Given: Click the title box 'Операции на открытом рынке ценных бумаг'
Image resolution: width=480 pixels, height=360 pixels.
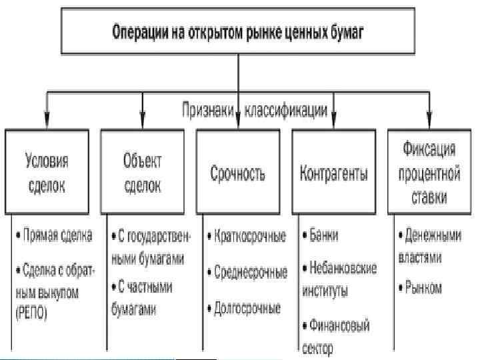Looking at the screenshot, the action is [237, 31].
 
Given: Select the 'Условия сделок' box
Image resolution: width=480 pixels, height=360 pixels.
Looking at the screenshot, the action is [47, 173].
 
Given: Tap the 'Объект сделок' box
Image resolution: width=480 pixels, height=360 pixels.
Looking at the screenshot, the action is [143, 173].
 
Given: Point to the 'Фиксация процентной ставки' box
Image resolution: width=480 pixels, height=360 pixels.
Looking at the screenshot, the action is [429, 173].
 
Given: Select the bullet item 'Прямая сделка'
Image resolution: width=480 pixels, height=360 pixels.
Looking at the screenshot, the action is [57, 235].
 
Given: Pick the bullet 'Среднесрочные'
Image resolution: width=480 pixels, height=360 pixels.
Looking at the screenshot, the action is [247, 273].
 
